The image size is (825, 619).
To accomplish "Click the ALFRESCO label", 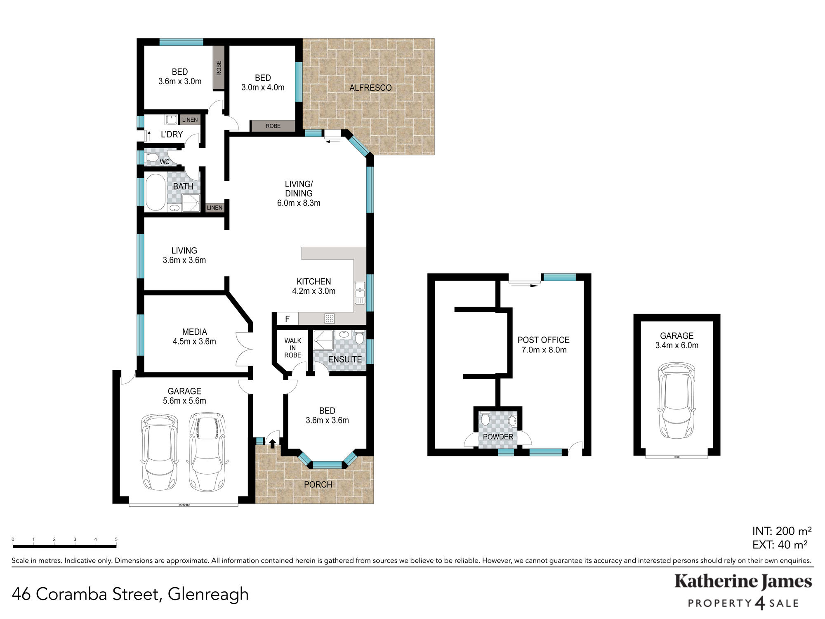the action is (x=370, y=87).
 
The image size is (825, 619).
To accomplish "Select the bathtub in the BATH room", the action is (x=155, y=192).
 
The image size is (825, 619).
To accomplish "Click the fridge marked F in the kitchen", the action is (x=287, y=319).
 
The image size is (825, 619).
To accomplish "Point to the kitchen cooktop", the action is (x=329, y=318).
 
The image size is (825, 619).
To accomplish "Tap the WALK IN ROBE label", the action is (x=292, y=348).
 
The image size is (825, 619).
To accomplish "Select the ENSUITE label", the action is (x=345, y=359).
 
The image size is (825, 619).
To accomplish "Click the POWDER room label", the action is (x=498, y=437).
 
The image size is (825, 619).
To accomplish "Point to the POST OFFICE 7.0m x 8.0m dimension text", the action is (x=544, y=350).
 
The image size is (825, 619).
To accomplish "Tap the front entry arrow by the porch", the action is (x=272, y=444).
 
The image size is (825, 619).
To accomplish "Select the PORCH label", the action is (x=318, y=484).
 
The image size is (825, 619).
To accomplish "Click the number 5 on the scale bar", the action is (x=116, y=539).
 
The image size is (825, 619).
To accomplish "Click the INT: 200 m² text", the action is (x=782, y=531).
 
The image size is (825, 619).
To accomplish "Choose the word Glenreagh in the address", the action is (x=208, y=595).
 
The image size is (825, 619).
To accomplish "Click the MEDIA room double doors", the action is (x=244, y=349).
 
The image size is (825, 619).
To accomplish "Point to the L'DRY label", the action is (x=172, y=135).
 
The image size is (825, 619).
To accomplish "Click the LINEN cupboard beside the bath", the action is (x=214, y=208).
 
